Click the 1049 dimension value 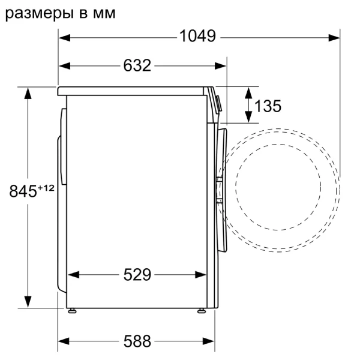[x=197, y=37]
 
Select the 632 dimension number [x=137, y=66]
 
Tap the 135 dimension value [x=268, y=106]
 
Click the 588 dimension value [x=137, y=341]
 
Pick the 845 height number [x=22, y=191]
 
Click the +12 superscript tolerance [x=46, y=188]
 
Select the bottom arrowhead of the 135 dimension [x=248, y=118]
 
